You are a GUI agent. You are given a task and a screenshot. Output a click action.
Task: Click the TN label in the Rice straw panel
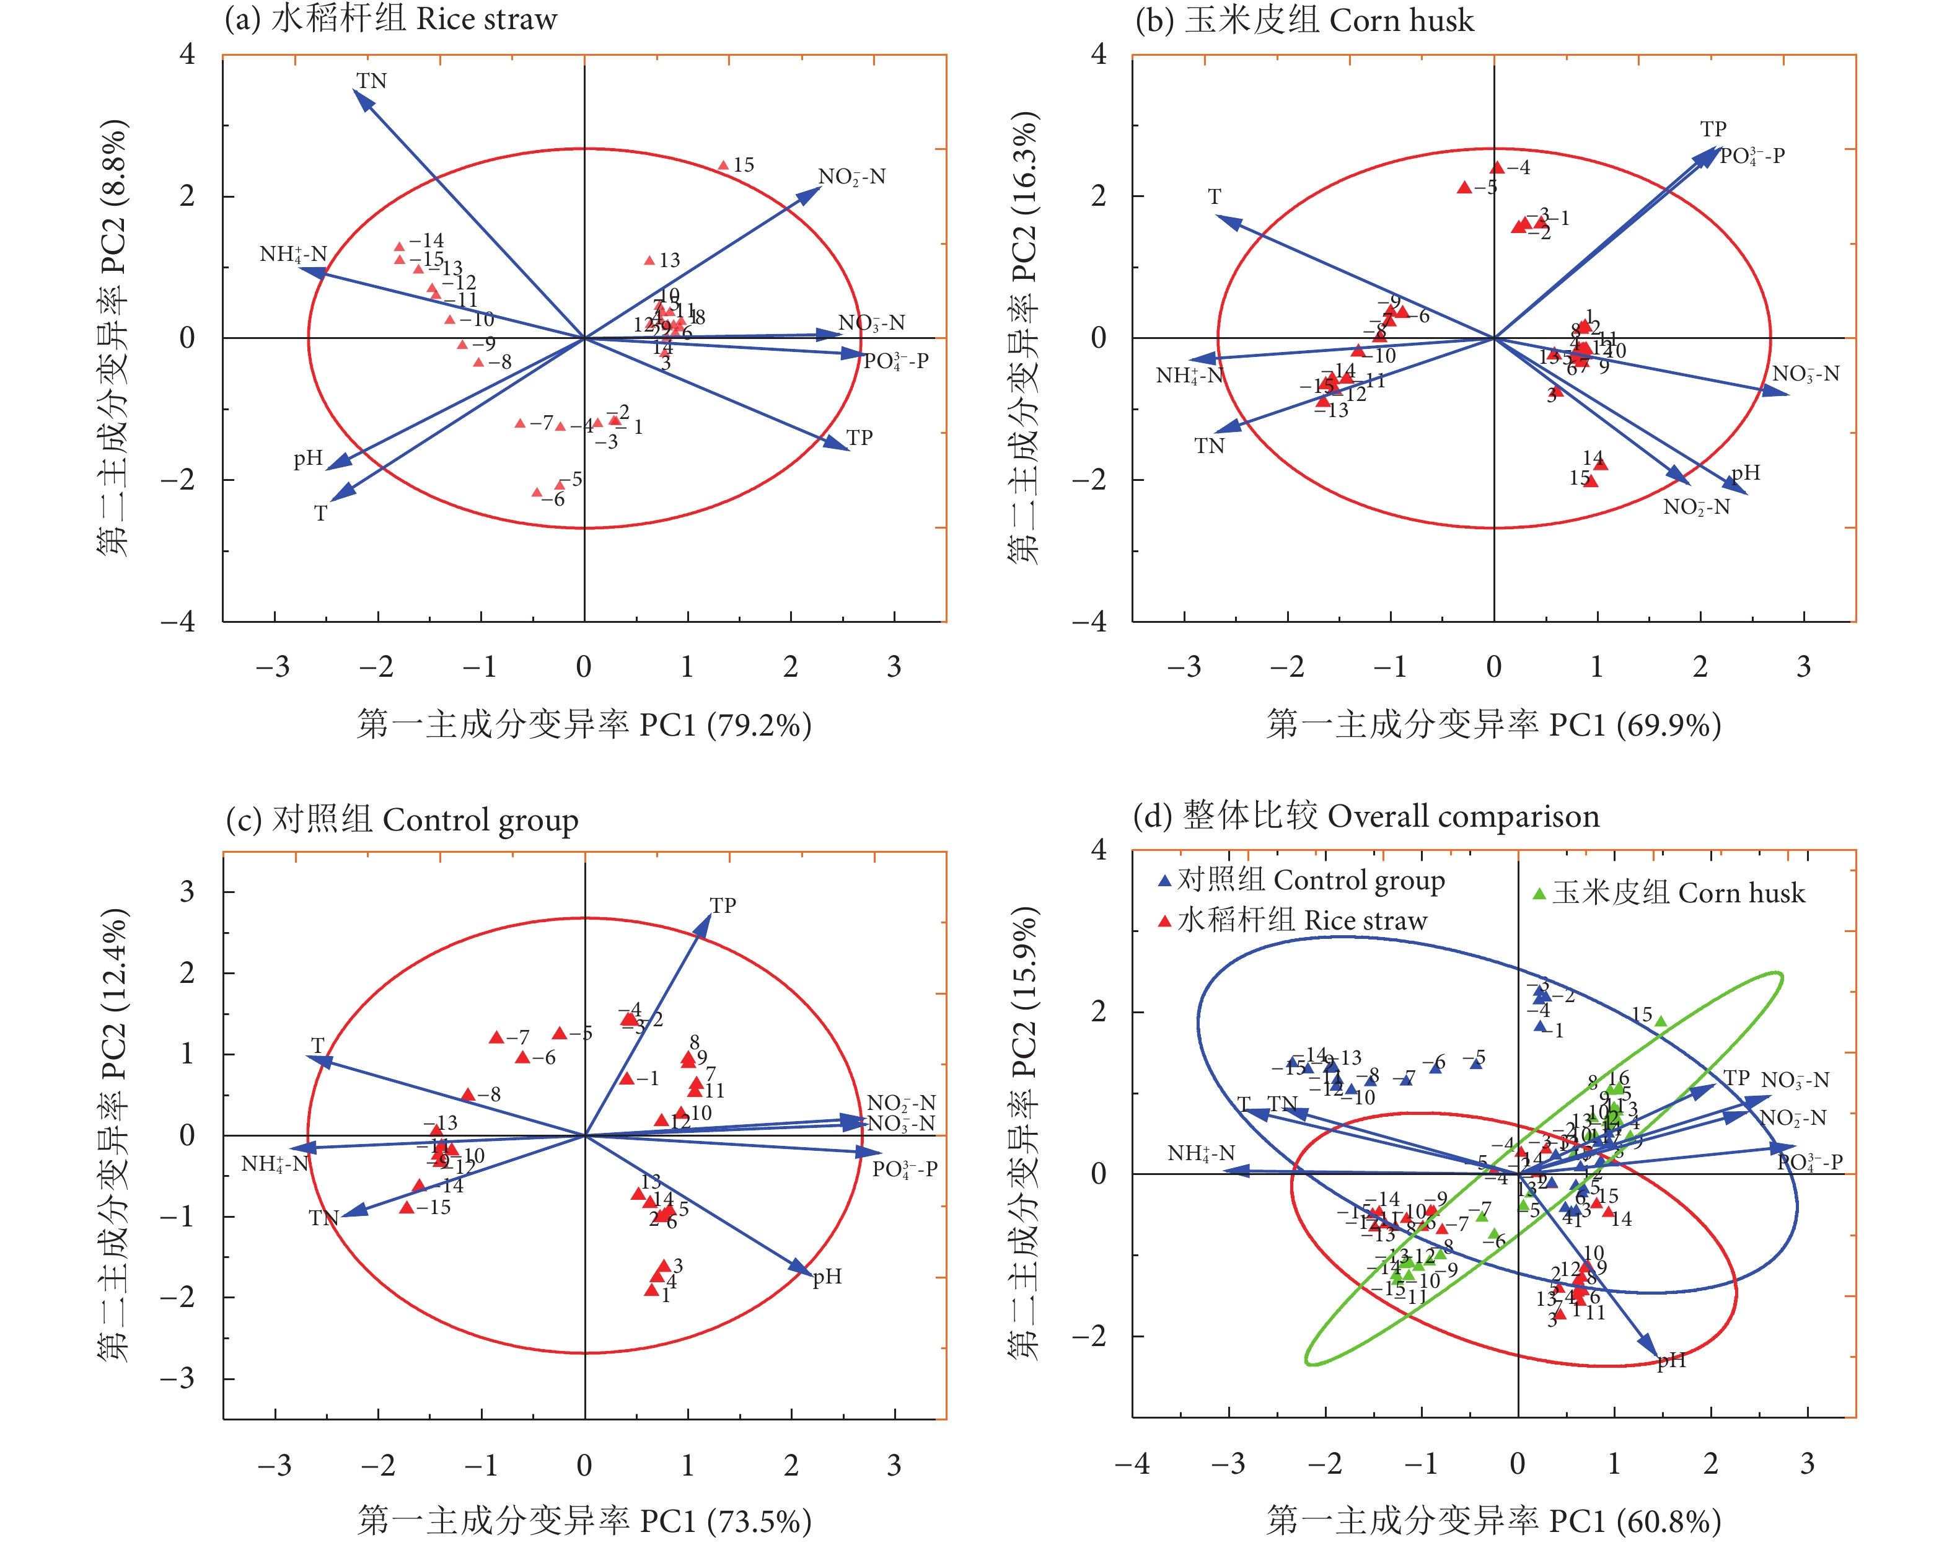click(371, 81)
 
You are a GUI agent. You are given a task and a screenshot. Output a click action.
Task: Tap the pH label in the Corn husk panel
click(1745, 472)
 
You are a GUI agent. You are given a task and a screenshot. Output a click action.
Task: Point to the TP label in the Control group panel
click(723, 905)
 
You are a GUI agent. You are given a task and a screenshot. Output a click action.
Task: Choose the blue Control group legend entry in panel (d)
click(1301, 880)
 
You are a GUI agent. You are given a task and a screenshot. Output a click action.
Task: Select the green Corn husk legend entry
click(1668, 894)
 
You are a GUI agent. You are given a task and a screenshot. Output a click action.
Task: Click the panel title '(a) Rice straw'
click(391, 19)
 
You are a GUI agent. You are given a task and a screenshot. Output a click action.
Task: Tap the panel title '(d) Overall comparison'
click(1366, 816)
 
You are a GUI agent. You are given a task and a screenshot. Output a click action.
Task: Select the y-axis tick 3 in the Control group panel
click(187, 892)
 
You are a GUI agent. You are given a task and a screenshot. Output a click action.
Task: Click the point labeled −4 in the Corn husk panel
click(1497, 167)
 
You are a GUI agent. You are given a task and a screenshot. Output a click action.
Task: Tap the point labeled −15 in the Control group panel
click(407, 1208)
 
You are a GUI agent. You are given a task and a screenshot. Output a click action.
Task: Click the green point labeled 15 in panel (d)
click(1661, 1021)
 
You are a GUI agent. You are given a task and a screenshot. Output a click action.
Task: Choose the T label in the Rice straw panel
click(320, 514)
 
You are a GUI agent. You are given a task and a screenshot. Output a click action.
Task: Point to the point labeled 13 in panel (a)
click(649, 260)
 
